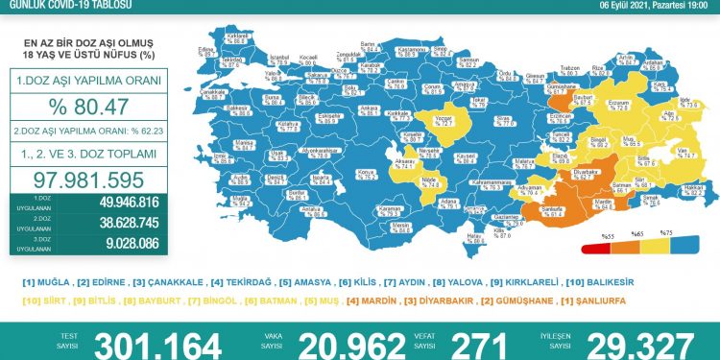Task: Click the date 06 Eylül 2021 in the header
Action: click(x=625, y=6)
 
